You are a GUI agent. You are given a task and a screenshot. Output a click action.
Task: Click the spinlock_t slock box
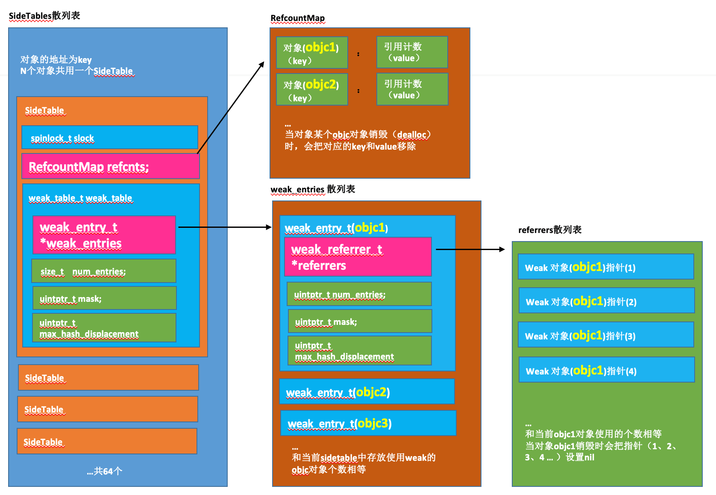click(x=109, y=137)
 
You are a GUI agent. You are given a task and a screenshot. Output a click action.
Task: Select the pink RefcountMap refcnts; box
click(x=110, y=166)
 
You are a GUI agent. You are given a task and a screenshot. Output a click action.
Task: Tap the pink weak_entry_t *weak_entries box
click(x=104, y=235)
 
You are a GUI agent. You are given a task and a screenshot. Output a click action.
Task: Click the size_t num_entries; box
click(x=104, y=271)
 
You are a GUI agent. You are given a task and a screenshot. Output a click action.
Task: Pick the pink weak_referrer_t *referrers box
click(x=358, y=257)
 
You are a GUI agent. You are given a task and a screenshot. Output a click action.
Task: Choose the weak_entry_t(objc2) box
click(x=367, y=392)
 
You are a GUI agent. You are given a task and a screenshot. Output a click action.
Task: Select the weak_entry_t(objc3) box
click(x=368, y=423)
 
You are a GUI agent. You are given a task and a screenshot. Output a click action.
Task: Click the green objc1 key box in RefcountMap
click(x=312, y=53)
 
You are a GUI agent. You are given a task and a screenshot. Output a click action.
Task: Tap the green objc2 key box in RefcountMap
click(x=312, y=89)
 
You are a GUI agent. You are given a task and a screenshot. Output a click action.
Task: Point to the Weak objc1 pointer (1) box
click(x=606, y=267)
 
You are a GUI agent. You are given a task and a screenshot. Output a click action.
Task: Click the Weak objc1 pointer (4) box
click(x=607, y=370)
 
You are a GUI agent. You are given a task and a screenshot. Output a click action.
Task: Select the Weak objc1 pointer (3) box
click(x=606, y=335)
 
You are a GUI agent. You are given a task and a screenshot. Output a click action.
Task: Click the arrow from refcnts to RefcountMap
click(x=231, y=108)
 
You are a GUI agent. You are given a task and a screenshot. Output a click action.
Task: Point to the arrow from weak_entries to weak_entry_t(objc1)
click(x=225, y=227)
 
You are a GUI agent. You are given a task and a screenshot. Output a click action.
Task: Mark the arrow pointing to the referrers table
click(x=470, y=249)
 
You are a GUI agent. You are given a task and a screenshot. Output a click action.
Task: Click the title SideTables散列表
click(x=44, y=16)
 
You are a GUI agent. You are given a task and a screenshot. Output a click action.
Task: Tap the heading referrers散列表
click(x=550, y=230)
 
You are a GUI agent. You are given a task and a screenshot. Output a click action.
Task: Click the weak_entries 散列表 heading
click(x=313, y=189)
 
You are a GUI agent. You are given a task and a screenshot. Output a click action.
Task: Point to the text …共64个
click(x=105, y=471)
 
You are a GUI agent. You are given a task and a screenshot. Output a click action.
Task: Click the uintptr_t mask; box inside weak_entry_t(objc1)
click(x=360, y=321)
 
